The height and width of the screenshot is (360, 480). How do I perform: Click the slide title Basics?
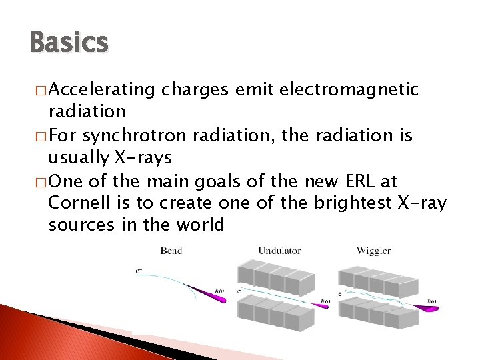click(x=69, y=43)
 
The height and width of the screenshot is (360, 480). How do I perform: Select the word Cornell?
click(x=77, y=203)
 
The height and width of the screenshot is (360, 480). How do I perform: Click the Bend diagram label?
click(x=171, y=251)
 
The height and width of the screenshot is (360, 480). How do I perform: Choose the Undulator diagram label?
click(x=279, y=251)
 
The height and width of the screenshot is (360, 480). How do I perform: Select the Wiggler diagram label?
click(x=373, y=251)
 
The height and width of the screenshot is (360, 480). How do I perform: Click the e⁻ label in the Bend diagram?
click(x=138, y=270)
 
